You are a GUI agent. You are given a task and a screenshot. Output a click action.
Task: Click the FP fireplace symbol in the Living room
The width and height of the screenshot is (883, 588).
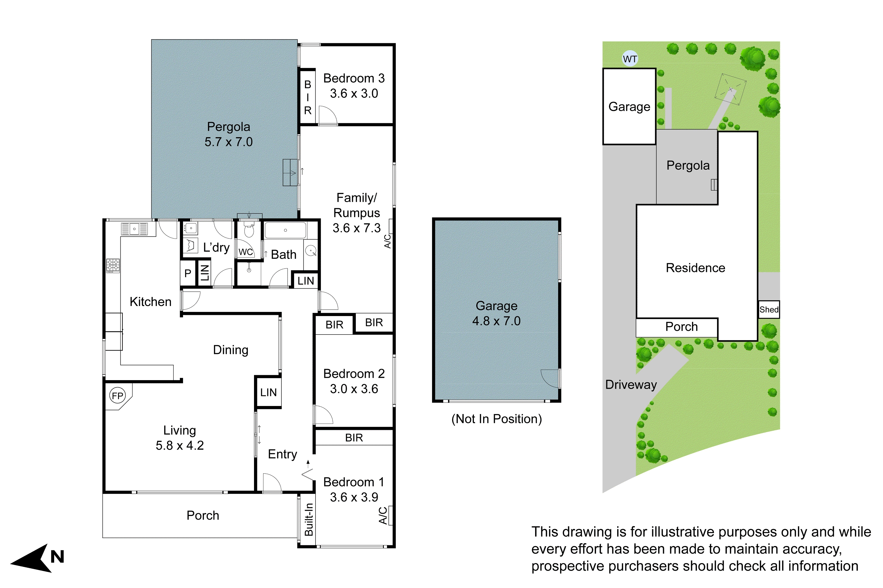point(117,396)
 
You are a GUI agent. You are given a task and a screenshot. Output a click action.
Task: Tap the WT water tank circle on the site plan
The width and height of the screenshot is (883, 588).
point(630,59)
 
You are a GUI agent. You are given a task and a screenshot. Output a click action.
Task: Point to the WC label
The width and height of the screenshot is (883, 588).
point(245,252)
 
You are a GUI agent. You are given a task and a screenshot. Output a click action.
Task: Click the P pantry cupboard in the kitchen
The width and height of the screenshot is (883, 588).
point(188,274)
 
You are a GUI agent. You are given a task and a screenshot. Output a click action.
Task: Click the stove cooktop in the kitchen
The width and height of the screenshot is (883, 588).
point(113,265)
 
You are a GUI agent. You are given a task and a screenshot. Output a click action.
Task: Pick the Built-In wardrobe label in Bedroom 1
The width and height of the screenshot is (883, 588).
point(308,519)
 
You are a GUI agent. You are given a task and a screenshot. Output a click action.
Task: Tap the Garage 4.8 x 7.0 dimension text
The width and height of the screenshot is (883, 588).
point(496,321)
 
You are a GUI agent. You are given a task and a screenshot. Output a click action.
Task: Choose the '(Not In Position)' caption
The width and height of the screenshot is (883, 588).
point(496,419)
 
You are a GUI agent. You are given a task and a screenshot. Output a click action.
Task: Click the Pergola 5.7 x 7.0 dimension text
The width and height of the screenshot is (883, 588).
point(228,142)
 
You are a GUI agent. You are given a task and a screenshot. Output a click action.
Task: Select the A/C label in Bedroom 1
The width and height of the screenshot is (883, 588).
point(383,516)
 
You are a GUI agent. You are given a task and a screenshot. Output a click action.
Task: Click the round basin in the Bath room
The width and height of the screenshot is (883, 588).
point(311,250)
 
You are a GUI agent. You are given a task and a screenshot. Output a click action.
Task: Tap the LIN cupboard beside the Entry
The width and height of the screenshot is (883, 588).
point(268,392)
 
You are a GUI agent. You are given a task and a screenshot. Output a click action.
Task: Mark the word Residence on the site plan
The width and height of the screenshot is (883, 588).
point(695,268)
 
